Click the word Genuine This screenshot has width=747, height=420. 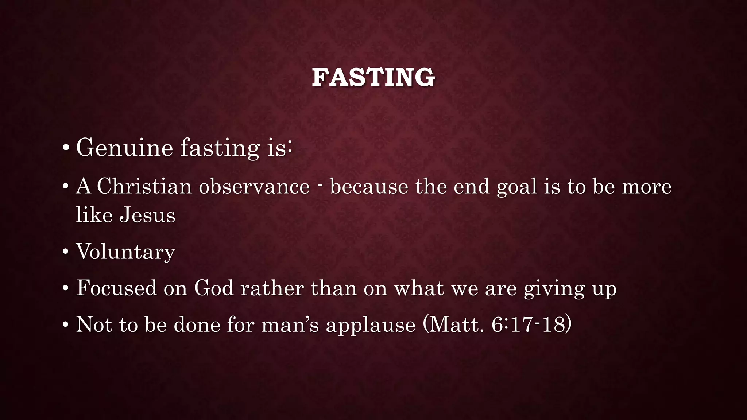124,148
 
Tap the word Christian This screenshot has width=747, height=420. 144,186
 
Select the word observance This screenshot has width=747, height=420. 254,186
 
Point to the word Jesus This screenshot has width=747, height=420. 147,215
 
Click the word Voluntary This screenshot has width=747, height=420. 125,252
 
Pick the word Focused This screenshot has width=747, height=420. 116,288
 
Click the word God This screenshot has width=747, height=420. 214,288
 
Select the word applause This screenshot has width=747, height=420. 370,325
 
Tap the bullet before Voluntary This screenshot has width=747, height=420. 65,252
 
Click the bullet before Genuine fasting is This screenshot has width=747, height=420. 66,148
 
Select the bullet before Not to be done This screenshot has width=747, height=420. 65,324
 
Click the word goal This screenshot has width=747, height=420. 517,187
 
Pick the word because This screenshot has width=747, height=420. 369,186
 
